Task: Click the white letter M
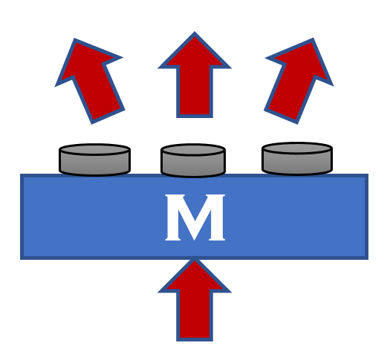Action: [195, 217]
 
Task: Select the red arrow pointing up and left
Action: [90, 81]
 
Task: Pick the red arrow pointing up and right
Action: [299, 81]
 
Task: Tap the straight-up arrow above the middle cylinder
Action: [195, 74]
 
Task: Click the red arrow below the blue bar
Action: [195, 299]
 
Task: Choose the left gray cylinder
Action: [95, 160]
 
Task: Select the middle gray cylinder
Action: [193, 160]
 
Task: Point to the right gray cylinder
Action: [297, 159]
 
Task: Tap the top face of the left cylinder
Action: [95, 149]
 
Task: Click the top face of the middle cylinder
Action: [193, 149]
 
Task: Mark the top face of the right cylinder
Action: [297, 148]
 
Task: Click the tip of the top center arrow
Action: [195, 32]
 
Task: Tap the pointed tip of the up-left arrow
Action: [74, 39]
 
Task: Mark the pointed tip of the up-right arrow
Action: [313, 39]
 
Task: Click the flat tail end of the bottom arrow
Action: [195, 341]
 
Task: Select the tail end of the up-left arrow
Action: [108, 117]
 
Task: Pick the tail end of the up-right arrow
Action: [281, 117]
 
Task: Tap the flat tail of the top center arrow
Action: [195, 117]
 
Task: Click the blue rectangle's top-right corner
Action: [368, 174]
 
